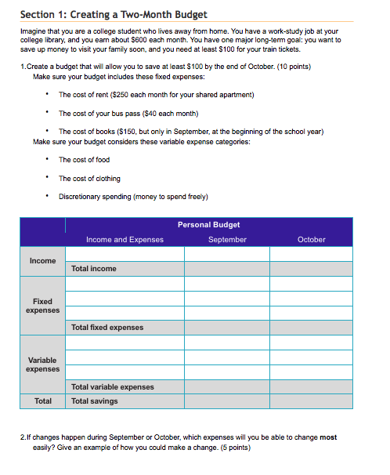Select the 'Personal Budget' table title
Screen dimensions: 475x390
(208, 225)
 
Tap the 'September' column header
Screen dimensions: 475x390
(227, 239)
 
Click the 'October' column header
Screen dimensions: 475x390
(311, 239)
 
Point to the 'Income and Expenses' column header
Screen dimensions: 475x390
(125, 239)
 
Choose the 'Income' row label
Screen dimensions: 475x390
(42, 261)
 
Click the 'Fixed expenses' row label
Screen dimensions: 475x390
(42, 306)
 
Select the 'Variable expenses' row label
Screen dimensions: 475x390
(42, 364)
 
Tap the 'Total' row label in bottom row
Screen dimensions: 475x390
(42, 401)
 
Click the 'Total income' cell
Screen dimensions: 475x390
(94, 269)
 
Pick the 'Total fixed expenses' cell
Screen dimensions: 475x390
(107, 328)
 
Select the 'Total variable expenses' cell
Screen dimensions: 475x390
(113, 386)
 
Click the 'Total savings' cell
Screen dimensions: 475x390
(95, 401)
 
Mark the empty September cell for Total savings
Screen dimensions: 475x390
(227, 401)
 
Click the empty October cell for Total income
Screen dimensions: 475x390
(311, 269)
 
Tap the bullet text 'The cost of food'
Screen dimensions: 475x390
(85, 160)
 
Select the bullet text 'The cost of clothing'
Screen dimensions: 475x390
(90, 178)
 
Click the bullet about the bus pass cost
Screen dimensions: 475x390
(128, 113)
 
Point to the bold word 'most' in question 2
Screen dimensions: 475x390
(328, 437)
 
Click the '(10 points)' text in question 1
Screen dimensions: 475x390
(292, 67)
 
